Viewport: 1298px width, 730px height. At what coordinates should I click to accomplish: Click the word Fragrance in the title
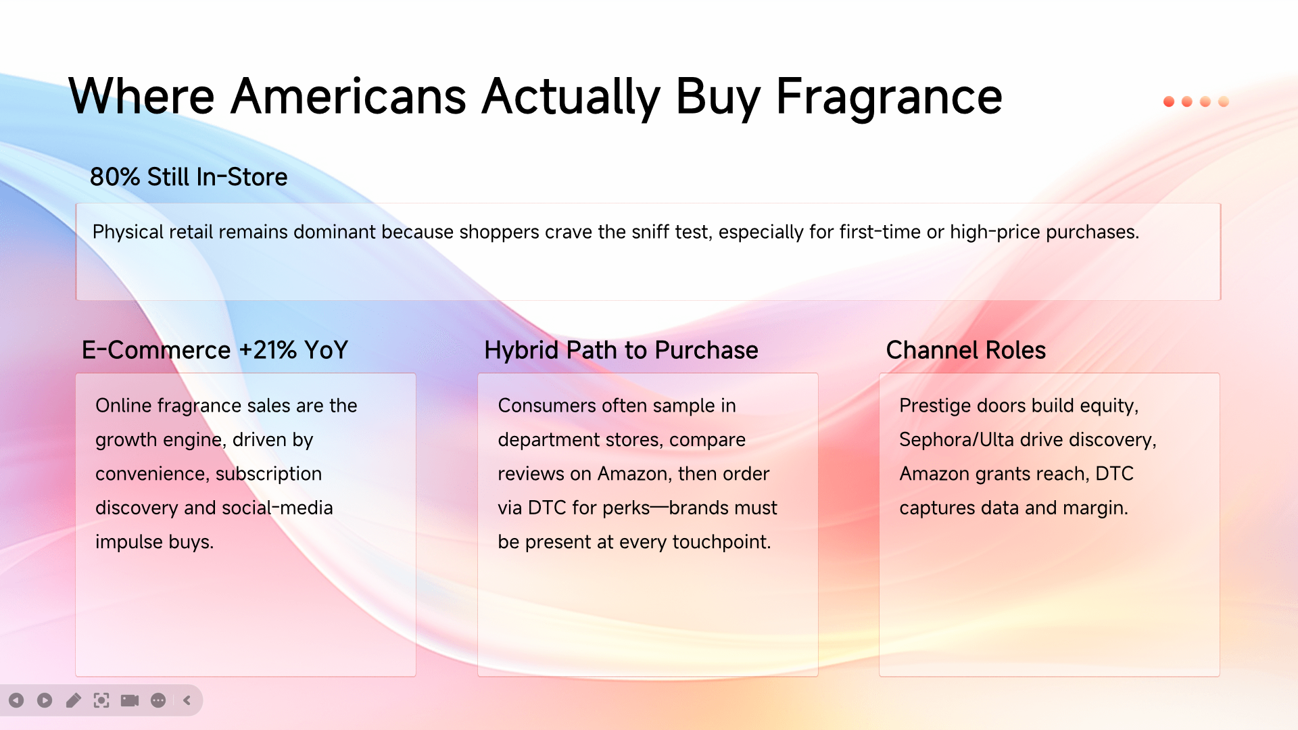click(x=888, y=97)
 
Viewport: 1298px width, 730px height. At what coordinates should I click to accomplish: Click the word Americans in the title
click(x=348, y=97)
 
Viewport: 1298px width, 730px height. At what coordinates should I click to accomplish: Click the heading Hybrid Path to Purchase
click(x=621, y=350)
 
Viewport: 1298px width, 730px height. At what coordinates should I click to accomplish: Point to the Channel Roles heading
click(x=965, y=350)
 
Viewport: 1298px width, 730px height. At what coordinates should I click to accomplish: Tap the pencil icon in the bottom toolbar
click(x=73, y=700)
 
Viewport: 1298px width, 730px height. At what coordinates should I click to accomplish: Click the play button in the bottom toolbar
click(x=45, y=700)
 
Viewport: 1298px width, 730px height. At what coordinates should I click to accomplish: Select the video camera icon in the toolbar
click(x=130, y=700)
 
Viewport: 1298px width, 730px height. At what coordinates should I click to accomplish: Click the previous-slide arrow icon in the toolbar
click(x=16, y=700)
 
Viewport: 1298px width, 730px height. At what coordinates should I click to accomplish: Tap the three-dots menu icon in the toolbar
click(x=158, y=700)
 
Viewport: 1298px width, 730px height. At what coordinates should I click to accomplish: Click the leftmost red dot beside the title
click(x=1169, y=101)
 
